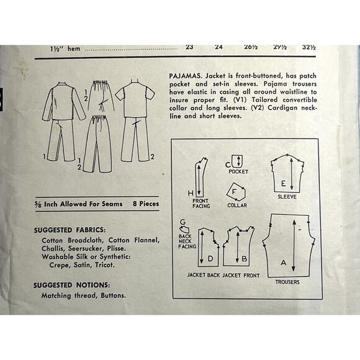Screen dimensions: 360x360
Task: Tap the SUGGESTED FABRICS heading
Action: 70,229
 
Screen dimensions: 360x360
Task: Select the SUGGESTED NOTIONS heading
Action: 70,286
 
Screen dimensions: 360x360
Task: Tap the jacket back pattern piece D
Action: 207,248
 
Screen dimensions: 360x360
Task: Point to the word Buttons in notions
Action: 112,295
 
